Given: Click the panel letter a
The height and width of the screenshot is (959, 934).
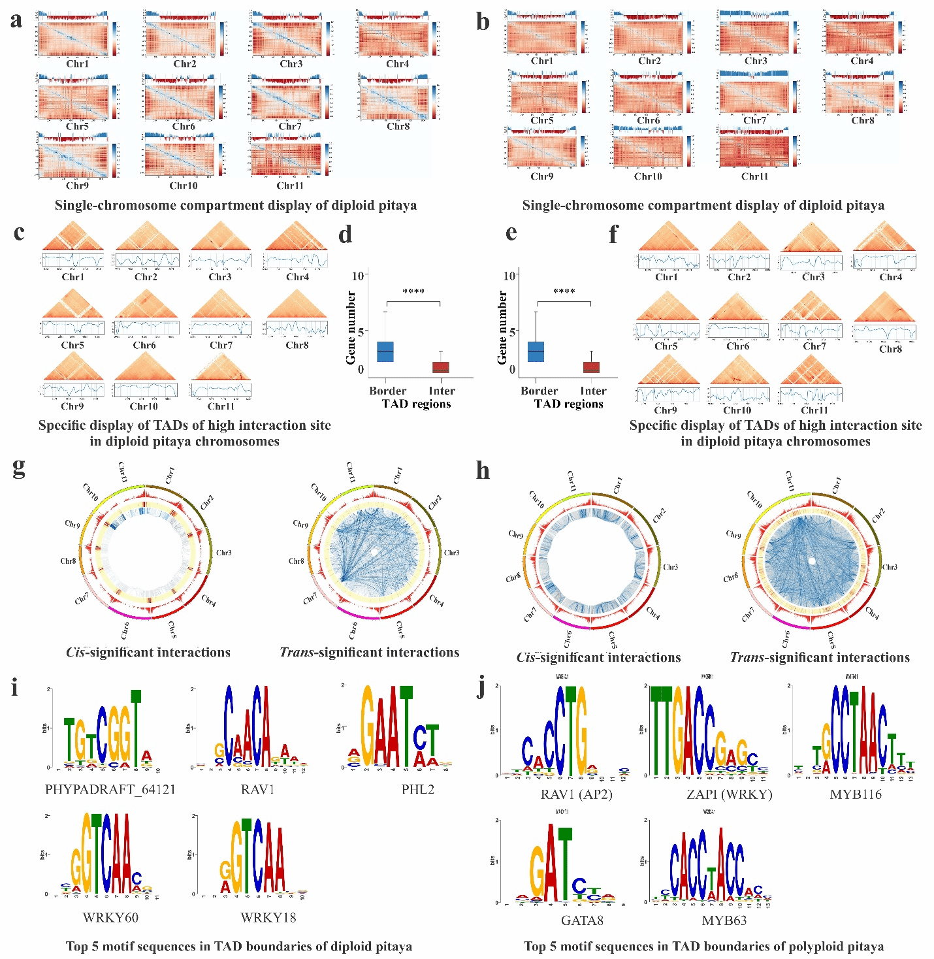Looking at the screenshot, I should [x=16, y=20].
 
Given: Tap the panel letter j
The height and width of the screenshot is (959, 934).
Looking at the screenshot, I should [x=482, y=688].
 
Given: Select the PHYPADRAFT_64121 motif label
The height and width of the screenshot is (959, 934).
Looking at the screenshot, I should [x=110, y=789].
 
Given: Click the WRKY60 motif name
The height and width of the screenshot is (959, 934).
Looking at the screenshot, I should [x=110, y=917].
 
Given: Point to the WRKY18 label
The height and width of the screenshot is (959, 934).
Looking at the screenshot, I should [x=268, y=917].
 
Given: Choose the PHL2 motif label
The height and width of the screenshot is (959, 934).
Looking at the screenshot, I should [x=417, y=789].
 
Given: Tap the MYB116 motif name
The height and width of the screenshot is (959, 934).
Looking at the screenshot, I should [x=855, y=794].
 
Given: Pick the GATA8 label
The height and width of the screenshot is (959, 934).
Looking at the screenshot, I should [x=582, y=920].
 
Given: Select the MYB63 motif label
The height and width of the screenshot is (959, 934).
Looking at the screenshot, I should [x=724, y=920].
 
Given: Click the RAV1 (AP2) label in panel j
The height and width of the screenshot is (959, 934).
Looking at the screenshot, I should [x=576, y=794].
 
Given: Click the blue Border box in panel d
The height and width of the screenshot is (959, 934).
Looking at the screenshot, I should [x=385, y=351].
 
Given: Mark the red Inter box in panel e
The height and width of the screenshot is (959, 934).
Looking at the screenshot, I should [x=591, y=367].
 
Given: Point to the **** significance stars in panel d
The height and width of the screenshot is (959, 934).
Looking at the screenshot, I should [x=413, y=292].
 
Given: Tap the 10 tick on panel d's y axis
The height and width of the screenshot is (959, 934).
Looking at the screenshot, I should [x=358, y=276].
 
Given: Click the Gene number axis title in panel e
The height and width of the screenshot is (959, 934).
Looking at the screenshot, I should [x=502, y=327].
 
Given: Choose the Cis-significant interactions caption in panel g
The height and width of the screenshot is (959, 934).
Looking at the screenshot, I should [x=148, y=652].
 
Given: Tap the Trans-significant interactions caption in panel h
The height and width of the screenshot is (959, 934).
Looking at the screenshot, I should [x=820, y=657].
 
